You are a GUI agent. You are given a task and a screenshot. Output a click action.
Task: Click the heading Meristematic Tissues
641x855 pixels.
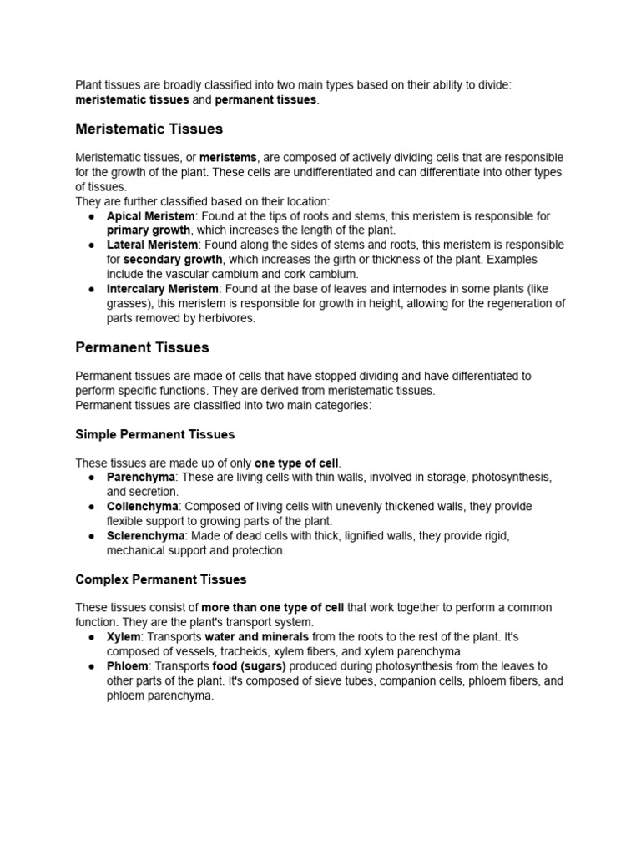click(149, 129)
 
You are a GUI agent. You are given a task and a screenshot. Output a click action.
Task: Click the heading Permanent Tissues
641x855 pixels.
click(142, 347)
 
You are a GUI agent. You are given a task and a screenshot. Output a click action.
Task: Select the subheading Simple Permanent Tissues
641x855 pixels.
click(155, 434)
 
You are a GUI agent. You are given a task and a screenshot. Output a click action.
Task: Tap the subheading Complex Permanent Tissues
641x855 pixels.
click(161, 579)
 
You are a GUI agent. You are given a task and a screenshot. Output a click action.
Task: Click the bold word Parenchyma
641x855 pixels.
click(141, 477)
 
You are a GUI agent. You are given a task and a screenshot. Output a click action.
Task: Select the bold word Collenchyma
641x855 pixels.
click(143, 506)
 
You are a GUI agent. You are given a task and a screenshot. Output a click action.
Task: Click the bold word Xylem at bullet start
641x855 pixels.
click(124, 636)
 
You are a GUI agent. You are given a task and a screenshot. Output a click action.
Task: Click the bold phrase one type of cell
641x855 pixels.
click(297, 463)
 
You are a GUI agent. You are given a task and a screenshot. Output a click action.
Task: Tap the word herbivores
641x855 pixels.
click(225, 317)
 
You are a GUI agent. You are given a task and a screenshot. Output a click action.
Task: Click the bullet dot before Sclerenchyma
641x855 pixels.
click(90, 536)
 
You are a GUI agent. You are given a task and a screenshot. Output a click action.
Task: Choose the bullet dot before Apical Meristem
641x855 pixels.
click(90, 217)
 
